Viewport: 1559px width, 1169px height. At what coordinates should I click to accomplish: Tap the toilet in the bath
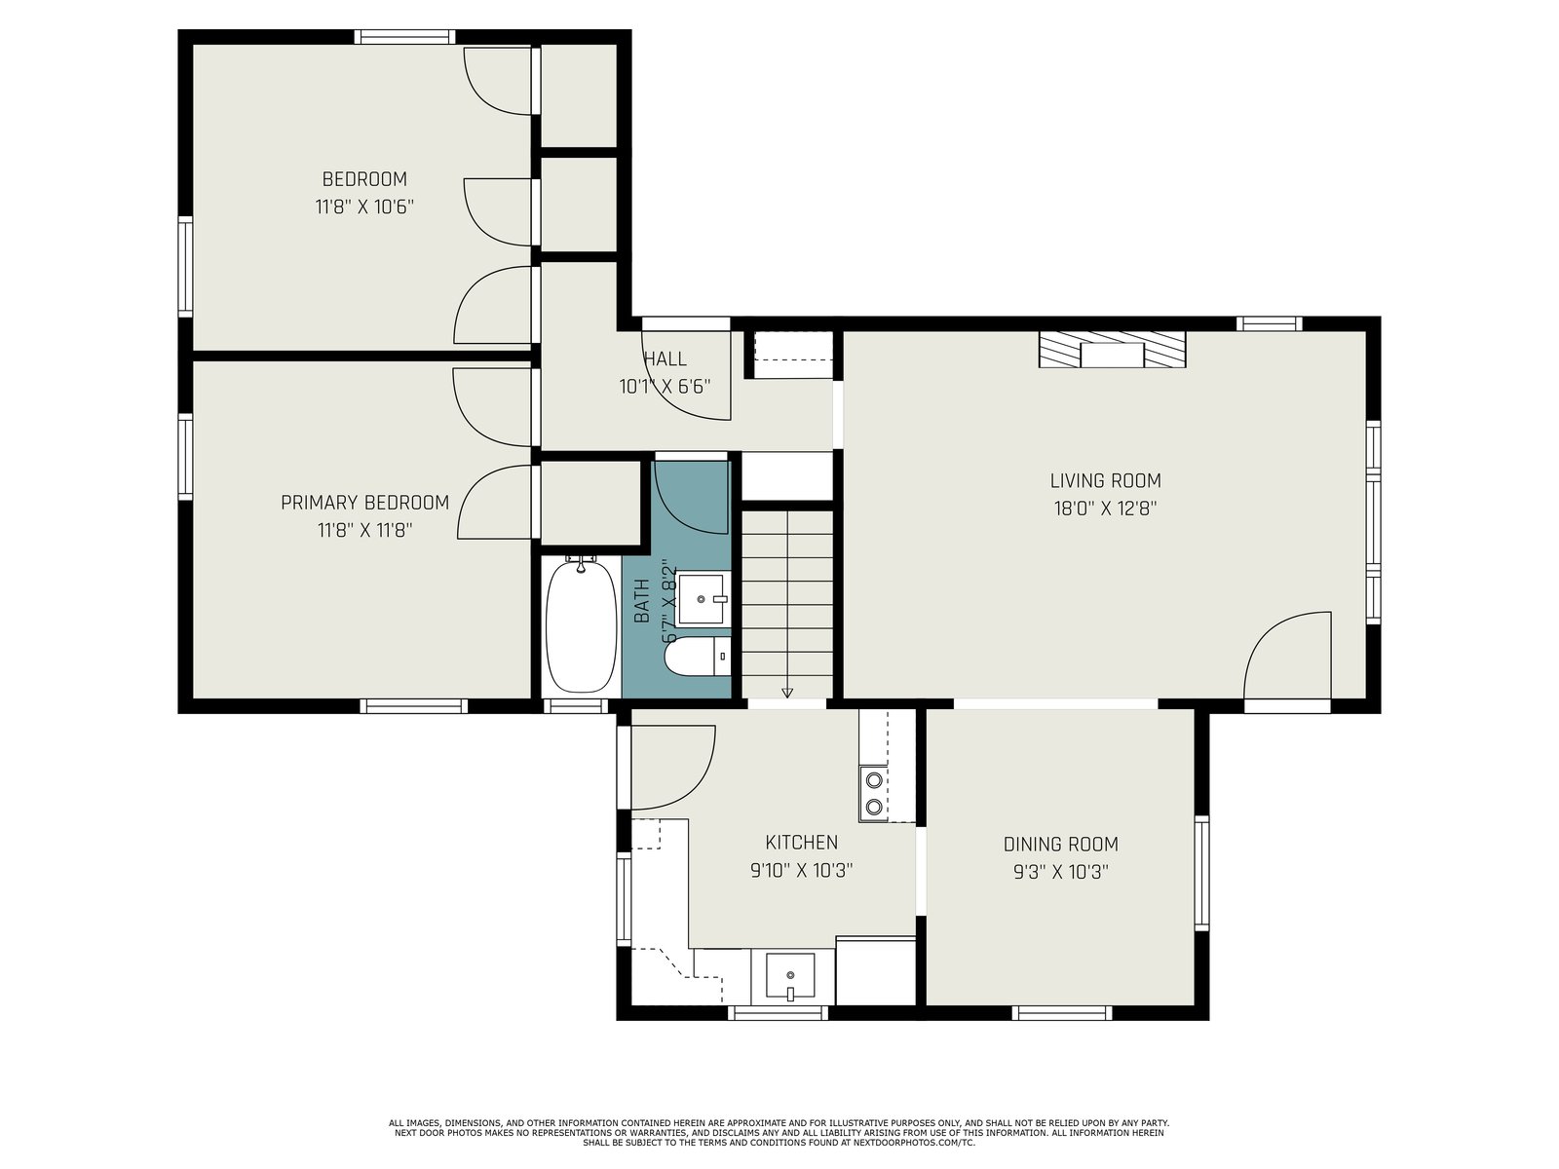(699, 655)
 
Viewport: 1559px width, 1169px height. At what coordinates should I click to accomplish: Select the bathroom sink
(702, 599)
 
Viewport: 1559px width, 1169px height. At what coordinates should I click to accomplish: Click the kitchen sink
(790, 977)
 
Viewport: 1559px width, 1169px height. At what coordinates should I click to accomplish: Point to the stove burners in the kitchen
(874, 794)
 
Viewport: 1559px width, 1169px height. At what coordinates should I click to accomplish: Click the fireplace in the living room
(1113, 349)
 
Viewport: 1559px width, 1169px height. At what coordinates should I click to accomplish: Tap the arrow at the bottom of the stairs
(787, 693)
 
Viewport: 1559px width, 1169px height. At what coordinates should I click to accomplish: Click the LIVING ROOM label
(1105, 480)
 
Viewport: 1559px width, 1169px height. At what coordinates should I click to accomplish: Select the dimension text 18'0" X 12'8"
(1105, 509)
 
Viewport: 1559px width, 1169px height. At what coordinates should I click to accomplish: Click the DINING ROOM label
(1060, 844)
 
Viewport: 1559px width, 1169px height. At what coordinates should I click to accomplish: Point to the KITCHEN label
(801, 842)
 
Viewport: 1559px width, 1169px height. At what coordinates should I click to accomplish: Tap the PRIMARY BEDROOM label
(364, 503)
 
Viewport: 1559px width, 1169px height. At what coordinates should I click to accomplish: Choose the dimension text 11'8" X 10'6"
(364, 207)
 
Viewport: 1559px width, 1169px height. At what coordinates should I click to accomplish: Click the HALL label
(665, 358)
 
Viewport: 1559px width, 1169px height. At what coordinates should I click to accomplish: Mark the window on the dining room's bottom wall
(1061, 1012)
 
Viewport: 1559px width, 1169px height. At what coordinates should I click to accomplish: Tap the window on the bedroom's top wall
(404, 37)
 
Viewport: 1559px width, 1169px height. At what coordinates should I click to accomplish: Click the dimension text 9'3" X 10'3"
(1060, 872)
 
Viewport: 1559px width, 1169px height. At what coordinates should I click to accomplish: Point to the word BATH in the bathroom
(642, 600)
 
